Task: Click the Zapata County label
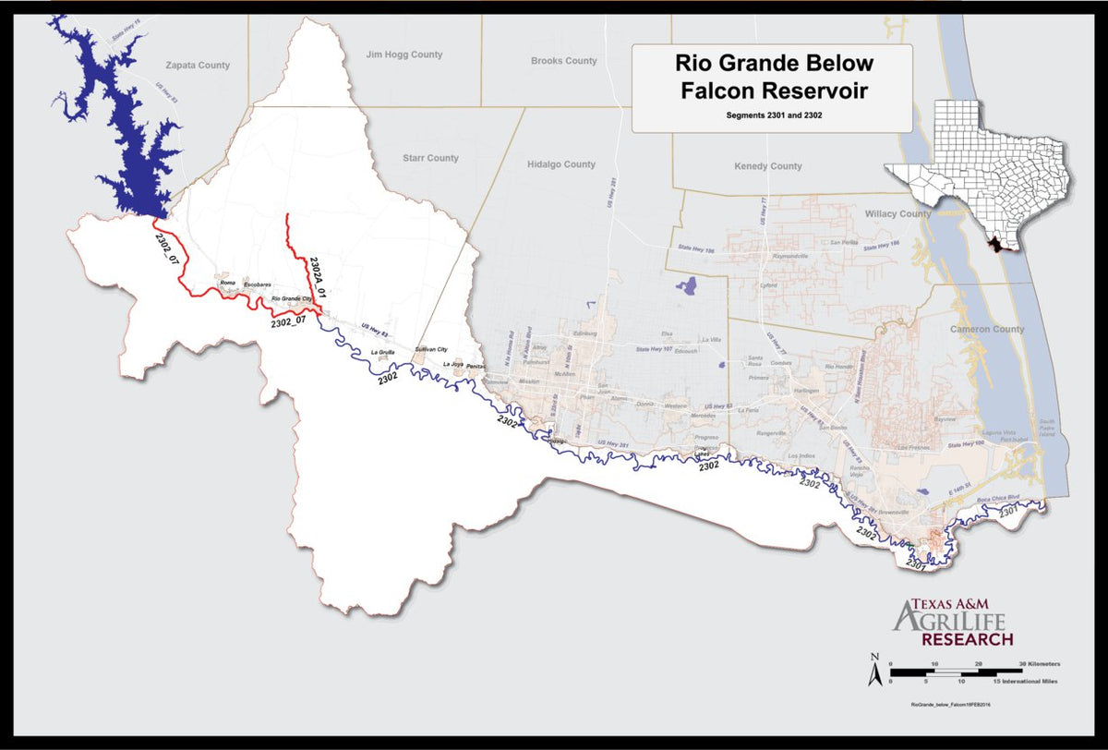click(197, 66)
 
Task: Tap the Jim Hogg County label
click(404, 54)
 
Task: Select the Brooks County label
click(563, 61)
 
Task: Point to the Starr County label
click(430, 158)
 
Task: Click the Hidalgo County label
click(560, 164)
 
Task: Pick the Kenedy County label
click(767, 166)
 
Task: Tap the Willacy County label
click(897, 213)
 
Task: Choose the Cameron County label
click(987, 329)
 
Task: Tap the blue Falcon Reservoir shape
click(129, 129)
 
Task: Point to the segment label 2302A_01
click(318, 275)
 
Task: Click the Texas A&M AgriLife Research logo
click(953, 622)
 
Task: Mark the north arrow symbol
click(873, 671)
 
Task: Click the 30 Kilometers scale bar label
click(1038, 664)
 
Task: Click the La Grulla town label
click(382, 353)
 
